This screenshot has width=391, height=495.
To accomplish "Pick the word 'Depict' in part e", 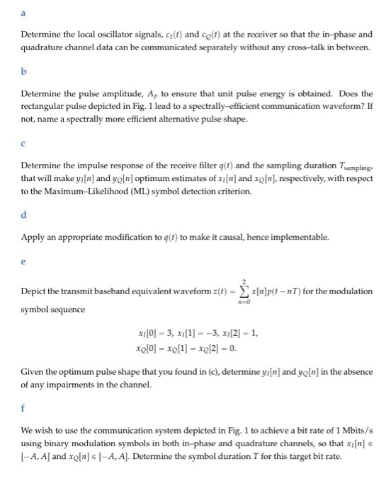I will coord(33,292).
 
